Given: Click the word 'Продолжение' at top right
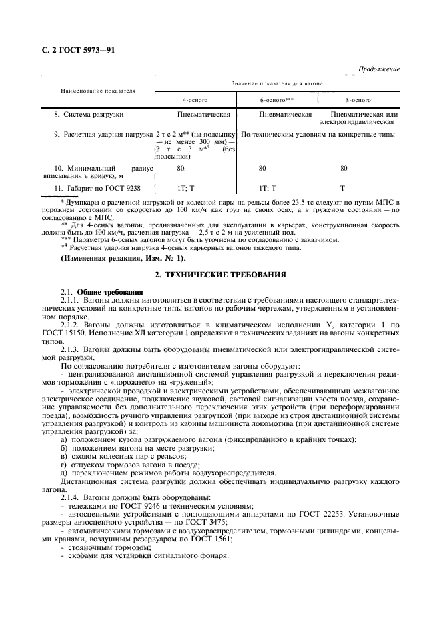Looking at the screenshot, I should coord(379,69).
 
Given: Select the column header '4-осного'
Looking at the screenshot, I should coord(195,99).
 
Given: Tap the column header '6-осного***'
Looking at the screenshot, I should coord(277,99).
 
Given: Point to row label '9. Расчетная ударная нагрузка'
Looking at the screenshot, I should coord(103,134).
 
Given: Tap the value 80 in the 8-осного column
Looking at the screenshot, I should coord(344,169).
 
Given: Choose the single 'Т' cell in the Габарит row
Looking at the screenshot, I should coord(342,189).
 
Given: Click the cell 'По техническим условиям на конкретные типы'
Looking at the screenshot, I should coord(318,134).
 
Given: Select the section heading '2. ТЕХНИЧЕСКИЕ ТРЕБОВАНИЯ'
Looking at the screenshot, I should coord(220,274).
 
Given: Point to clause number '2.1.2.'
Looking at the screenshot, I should coord(71,324).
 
